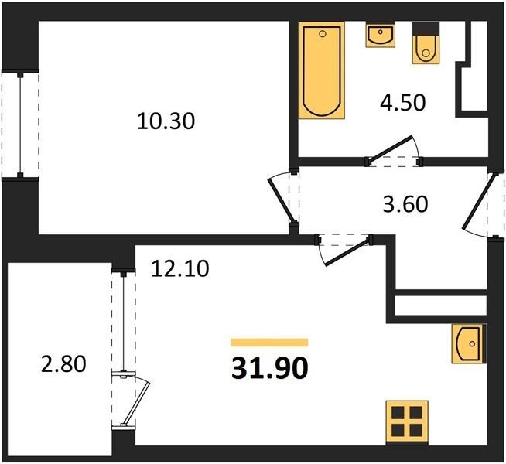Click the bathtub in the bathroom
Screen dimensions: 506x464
click(322, 70)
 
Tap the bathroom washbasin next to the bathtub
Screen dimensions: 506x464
click(381, 35)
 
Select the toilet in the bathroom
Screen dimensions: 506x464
click(426, 43)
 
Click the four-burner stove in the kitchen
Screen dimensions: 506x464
click(407, 423)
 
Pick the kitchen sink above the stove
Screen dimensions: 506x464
click(469, 344)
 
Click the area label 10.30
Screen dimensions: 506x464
click(166, 121)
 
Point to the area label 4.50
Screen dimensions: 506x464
click(403, 103)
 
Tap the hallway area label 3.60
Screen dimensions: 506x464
click(405, 204)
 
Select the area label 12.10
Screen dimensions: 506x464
click(180, 268)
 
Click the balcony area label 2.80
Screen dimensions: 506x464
click(63, 363)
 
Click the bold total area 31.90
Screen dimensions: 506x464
click(270, 369)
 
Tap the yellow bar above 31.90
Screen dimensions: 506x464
click(269, 342)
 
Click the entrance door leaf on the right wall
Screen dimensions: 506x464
click(478, 202)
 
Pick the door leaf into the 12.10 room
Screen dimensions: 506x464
click(347, 252)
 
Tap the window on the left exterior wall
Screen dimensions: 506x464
click(20, 125)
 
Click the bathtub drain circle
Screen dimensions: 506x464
click(322, 34)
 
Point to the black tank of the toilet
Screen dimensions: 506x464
click(426, 29)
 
